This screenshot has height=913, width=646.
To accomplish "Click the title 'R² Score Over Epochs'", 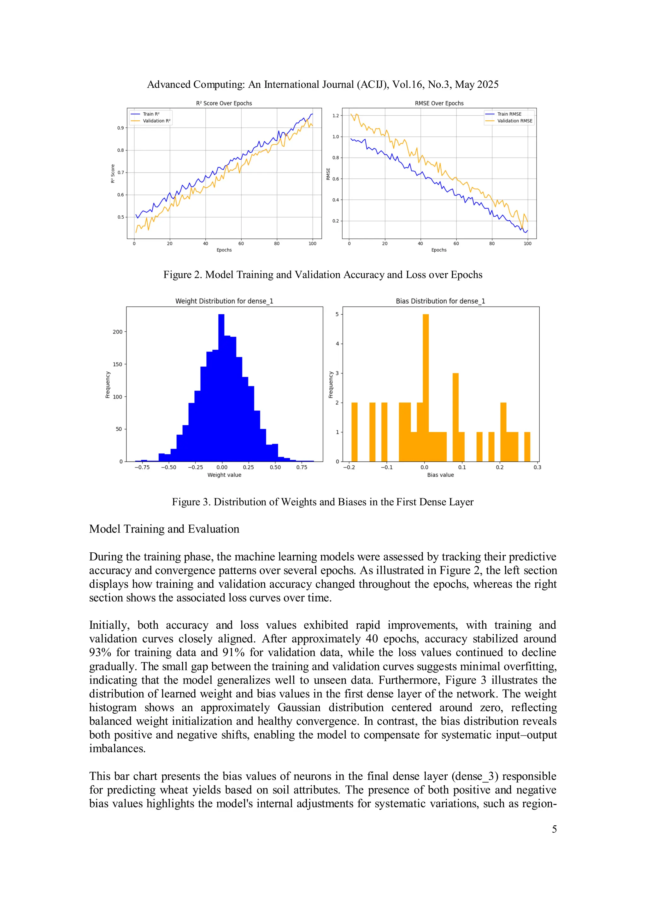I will (x=224, y=103).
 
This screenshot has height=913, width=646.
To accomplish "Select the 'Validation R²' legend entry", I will (x=156, y=121).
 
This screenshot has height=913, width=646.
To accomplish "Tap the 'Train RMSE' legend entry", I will (x=509, y=114).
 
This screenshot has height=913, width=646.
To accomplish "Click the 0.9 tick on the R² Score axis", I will (x=120, y=128).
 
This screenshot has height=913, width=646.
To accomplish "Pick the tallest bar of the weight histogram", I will (x=221, y=388).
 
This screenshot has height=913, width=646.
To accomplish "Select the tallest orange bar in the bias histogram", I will (x=426, y=388).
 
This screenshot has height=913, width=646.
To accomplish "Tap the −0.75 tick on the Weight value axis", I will (x=142, y=468).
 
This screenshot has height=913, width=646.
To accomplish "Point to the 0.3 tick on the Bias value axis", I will (x=537, y=468).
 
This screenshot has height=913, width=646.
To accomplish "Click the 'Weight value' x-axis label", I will (x=224, y=475).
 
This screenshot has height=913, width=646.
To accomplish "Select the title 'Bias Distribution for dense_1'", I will (x=440, y=301).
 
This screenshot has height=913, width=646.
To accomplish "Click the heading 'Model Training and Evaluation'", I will (x=164, y=529).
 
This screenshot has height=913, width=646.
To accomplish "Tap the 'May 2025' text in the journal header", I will (x=477, y=85).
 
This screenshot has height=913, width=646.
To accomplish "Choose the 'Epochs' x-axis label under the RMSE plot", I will (x=439, y=250).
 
